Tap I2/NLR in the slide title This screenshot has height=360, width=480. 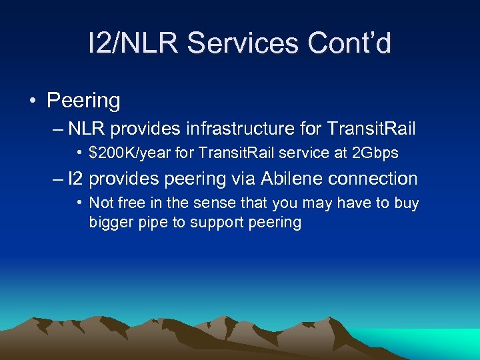pyautogui.click(x=133, y=44)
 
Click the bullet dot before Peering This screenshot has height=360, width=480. pyautogui.click(x=31, y=101)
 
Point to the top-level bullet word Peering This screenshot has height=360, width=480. pyautogui.click(x=83, y=101)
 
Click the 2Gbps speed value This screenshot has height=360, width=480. pyautogui.click(x=374, y=153)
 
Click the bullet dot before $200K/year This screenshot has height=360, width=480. pyautogui.click(x=79, y=153)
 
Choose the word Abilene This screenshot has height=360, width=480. pyautogui.click(x=290, y=179)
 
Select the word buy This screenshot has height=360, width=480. pyautogui.click(x=406, y=203)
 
